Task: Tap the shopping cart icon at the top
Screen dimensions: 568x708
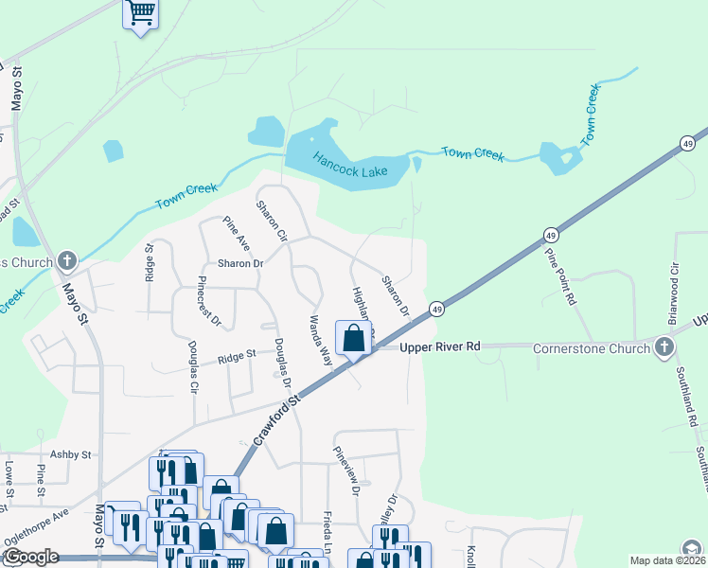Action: click(x=141, y=13)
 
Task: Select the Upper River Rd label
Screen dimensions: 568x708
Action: click(x=440, y=346)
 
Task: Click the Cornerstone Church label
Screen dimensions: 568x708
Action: click(x=590, y=347)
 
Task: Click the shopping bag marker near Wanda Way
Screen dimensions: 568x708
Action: click(x=354, y=338)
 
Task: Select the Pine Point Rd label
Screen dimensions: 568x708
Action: click(x=559, y=275)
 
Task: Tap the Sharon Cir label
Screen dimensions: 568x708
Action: click(x=272, y=220)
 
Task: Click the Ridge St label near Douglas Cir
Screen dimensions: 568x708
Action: click(x=237, y=356)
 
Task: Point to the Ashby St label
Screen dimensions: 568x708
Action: click(x=70, y=454)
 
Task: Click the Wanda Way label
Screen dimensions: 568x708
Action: click(x=318, y=341)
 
